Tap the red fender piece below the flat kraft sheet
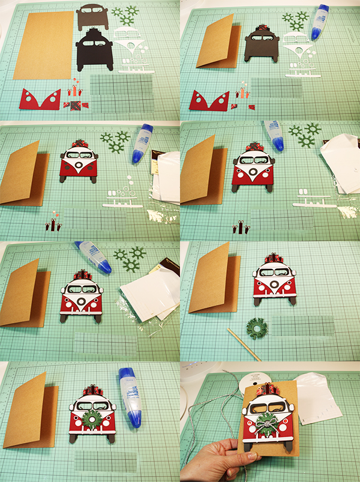[40, 100]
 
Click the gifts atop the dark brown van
[262, 28]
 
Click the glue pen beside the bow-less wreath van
[130, 396]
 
